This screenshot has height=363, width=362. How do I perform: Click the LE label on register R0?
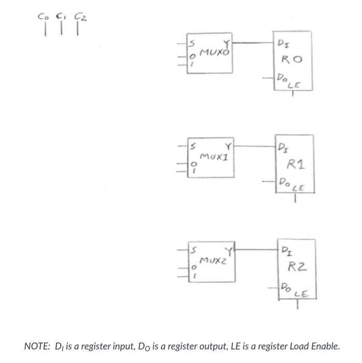tap(294, 85)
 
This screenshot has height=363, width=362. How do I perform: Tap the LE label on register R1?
tap(298, 189)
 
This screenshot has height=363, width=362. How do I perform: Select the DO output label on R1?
tap(284, 182)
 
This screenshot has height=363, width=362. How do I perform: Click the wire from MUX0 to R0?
tap(256, 43)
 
